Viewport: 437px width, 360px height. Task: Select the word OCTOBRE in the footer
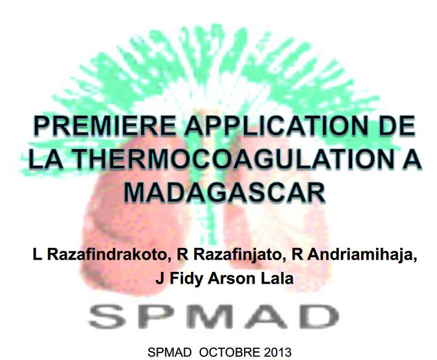pyautogui.click(x=222, y=353)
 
